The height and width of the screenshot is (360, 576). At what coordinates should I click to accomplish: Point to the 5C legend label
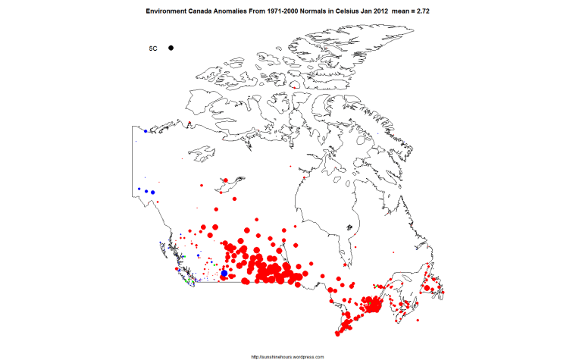tap(152, 49)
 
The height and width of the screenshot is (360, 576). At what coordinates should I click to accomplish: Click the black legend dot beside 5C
tap(171, 48)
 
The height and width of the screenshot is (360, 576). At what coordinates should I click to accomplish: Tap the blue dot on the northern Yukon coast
tap(145, 131)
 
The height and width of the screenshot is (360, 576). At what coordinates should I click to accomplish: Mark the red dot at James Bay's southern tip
tap(346, 266)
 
